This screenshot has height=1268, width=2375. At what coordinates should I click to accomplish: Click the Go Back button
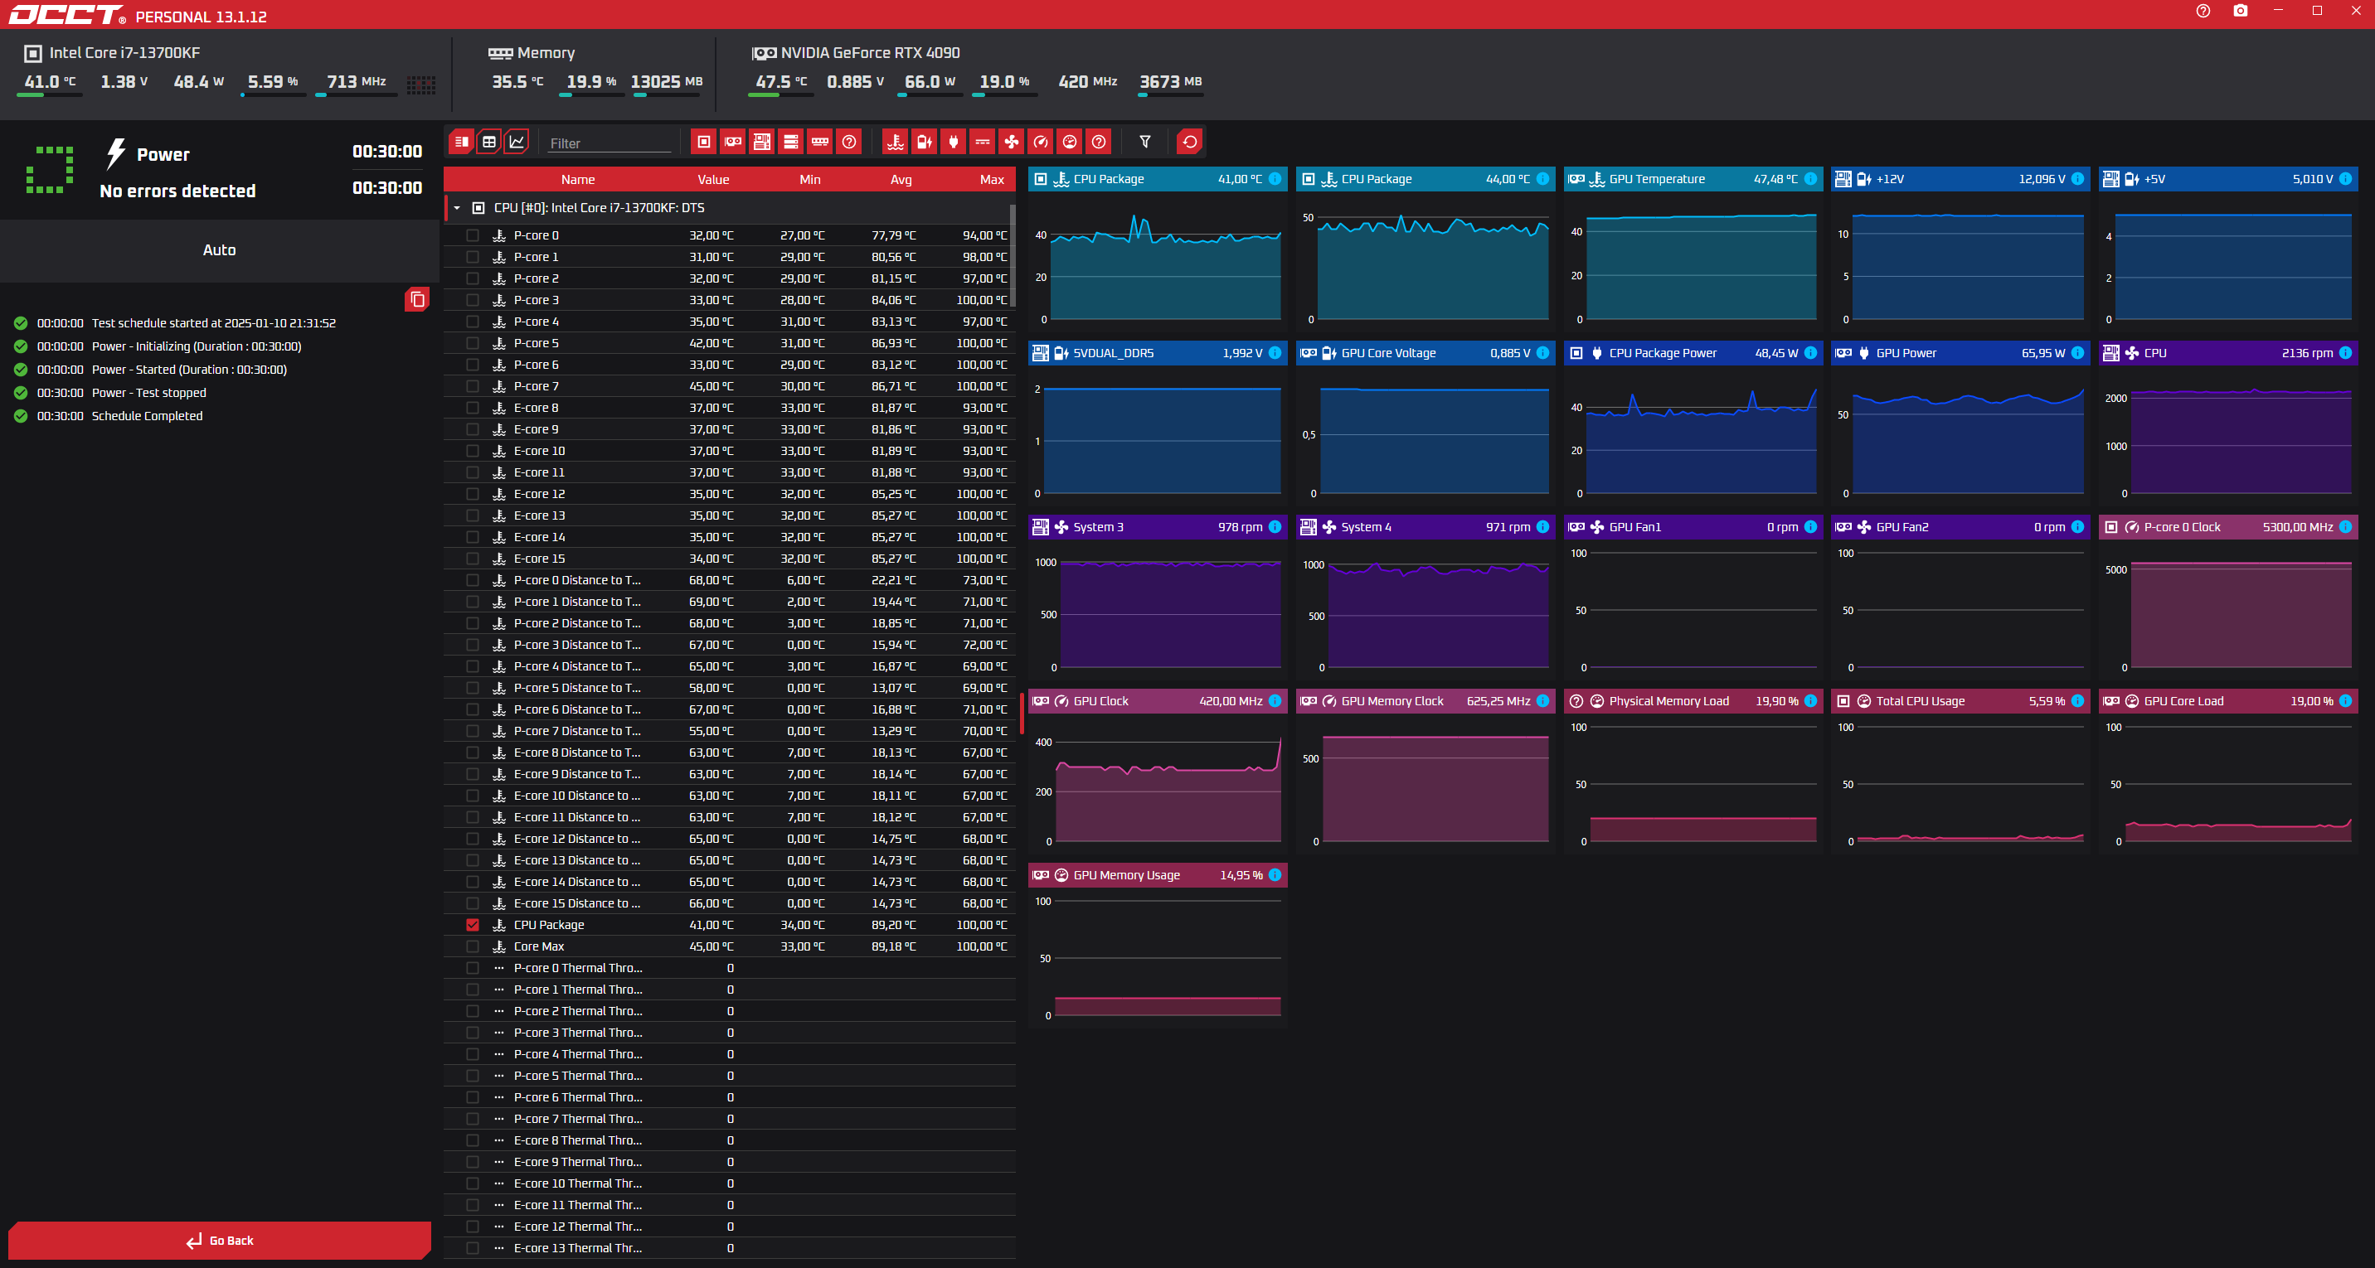[220, 1241]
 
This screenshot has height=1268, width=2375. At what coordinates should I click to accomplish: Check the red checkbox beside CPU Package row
[473, 925]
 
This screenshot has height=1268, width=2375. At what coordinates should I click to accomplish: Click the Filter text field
[609, 143]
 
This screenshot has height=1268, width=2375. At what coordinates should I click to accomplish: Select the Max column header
[991, 180]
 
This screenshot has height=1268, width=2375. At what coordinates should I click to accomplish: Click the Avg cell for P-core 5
[893, 343]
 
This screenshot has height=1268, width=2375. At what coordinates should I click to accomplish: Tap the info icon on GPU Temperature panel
[1809, 179]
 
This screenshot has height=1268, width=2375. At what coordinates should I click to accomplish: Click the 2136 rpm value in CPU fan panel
[2307, 353]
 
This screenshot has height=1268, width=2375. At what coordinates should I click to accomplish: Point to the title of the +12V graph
[1889, 179]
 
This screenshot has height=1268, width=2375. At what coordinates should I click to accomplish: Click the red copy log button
[417, 298]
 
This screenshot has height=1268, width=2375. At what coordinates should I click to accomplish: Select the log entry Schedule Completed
[147, 415]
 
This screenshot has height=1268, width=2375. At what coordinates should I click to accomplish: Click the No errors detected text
[178, 191]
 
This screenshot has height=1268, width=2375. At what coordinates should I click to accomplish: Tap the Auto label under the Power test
[220, 249]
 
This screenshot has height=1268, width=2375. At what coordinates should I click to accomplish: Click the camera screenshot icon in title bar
[2240, 11]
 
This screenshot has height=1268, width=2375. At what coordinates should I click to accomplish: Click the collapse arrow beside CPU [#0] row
[457, 208]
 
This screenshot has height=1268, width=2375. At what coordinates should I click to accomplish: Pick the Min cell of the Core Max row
[802, 946]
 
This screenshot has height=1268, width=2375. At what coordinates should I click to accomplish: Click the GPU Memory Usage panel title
[1126, 875]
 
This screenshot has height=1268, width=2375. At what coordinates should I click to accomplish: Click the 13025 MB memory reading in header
[666, 82]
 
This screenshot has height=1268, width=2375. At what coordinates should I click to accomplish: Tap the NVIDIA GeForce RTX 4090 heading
[869, 52]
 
